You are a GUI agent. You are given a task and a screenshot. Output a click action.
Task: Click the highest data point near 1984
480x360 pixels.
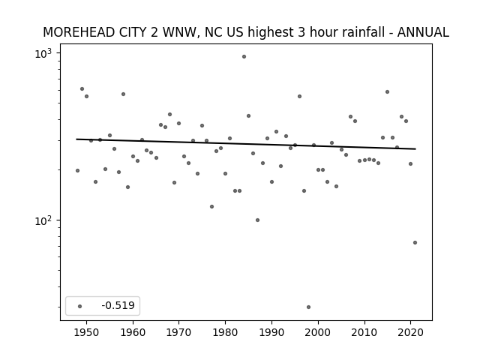[x=244, y=57]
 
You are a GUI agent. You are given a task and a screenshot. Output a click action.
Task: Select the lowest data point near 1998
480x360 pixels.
[x=308, y=307]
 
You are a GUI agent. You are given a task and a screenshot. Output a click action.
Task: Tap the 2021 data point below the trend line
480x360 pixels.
[x=415, y=243]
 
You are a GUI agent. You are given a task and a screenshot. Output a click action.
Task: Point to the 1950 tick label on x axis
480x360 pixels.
[x=86, y=332]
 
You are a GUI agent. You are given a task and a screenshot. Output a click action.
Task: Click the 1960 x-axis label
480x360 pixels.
[x=133, y=332]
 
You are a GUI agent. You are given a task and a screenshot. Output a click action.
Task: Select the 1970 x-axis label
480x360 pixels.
[x=178, y=332]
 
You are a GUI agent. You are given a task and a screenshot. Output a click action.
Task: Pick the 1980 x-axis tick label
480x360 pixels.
[x=225, y=332]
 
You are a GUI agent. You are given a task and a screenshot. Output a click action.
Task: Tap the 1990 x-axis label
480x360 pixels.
[x=271, y=332]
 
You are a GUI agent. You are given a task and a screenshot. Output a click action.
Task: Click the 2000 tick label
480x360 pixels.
[x=318, y=332]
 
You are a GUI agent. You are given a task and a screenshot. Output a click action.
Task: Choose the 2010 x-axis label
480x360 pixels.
[x=364, y=332]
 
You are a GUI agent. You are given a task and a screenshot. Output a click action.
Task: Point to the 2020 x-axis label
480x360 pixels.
[x=410, y=332]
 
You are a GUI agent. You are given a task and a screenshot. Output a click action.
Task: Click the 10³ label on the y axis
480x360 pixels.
[x=43, y=54]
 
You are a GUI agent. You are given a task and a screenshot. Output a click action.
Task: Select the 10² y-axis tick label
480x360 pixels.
[x=43, y=220]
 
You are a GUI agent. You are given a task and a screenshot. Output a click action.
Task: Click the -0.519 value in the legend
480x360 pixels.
[x=118, y=305]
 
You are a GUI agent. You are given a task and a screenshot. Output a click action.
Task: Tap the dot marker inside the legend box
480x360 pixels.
[x=80, y=306]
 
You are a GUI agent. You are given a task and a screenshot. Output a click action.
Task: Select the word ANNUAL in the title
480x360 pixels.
[x=423, y=32]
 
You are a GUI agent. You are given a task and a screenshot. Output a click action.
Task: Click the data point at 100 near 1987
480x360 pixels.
[x=257, y=220]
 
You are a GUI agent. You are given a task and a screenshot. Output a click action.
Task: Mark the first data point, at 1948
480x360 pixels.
[x=77, y=170]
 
